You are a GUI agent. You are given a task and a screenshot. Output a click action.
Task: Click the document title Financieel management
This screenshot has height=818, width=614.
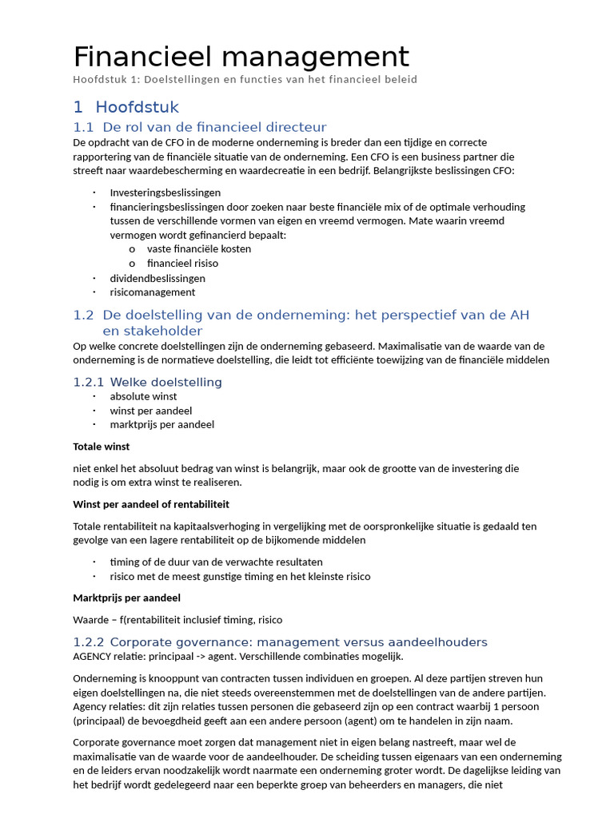tap(241, 57)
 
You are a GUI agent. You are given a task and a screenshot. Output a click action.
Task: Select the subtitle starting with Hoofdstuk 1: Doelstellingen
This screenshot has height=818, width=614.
tap(245, 80)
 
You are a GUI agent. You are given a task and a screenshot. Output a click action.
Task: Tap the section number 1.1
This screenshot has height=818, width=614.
tap(83, 127)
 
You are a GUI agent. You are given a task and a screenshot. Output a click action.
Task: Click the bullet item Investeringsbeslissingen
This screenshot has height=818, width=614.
tap(165, 193)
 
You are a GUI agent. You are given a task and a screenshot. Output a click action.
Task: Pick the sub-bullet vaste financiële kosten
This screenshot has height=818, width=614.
tap(199, 248)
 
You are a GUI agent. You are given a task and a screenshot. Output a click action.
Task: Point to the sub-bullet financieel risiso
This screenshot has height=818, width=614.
tap(182, 263)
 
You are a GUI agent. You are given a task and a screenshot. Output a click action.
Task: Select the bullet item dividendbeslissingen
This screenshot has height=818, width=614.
tap(157, 278)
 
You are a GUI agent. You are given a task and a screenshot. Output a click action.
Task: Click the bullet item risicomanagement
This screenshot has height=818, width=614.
tap(153, 292)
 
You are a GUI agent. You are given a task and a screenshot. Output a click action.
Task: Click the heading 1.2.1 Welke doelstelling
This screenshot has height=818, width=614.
tap(147, 382)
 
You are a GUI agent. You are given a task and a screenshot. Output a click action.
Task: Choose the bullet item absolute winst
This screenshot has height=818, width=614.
tap(143, 396)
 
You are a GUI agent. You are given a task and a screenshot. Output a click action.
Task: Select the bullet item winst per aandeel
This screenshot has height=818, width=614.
tap(151, 411)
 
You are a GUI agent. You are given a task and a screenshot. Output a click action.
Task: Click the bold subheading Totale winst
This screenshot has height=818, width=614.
tap(101, 447)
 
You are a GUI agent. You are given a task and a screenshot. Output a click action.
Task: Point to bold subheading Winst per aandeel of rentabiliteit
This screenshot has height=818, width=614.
tap(151, 504)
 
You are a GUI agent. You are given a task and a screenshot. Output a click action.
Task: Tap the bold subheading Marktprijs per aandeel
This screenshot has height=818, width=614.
tap(126, 598)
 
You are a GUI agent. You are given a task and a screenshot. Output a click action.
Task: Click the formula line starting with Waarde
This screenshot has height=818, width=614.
tap(177, 620)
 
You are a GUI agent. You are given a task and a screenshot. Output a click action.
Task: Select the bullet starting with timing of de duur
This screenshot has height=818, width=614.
tap(216, 562)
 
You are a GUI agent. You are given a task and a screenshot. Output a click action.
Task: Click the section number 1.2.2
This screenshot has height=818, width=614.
tap(88, 642)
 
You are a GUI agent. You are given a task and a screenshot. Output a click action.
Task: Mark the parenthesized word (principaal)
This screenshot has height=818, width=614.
tap(102, 721)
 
